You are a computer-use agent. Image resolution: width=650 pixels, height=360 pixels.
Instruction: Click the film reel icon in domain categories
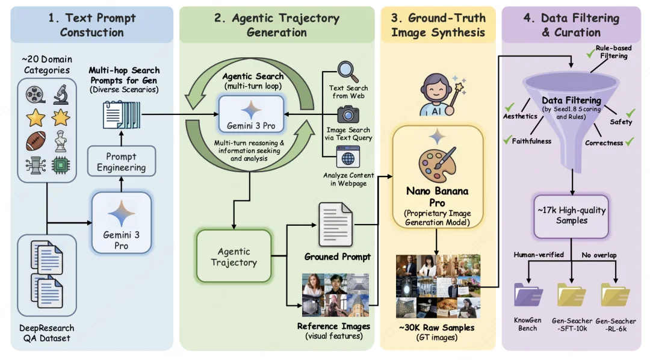tap(35, 94)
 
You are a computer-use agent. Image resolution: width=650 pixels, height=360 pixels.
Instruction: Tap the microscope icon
tap(60, 94)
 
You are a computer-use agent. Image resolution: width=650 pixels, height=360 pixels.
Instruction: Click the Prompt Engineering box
tap(121, 161)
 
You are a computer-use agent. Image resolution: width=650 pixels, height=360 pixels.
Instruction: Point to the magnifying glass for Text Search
tap(348, 73)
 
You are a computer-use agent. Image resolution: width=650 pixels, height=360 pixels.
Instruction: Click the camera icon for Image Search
tap(348, 114)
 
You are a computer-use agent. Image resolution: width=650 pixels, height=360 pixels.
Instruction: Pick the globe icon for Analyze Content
tap(348, 159)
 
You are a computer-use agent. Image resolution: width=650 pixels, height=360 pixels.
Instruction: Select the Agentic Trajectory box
tap(234, 256)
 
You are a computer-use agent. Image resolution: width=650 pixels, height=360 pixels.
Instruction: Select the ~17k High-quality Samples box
tap(571, 216)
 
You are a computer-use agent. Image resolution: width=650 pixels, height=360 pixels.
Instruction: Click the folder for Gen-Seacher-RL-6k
tap(615, 294)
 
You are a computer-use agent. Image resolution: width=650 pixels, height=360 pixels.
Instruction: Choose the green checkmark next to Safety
tap(631, 113)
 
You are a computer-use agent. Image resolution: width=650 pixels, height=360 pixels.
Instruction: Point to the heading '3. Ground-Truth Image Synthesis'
tap(438, 25)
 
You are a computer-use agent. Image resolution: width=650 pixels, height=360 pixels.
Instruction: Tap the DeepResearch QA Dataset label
tap(46, 333)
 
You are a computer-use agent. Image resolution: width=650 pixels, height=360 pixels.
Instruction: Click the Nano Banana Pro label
tap(438, 197)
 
